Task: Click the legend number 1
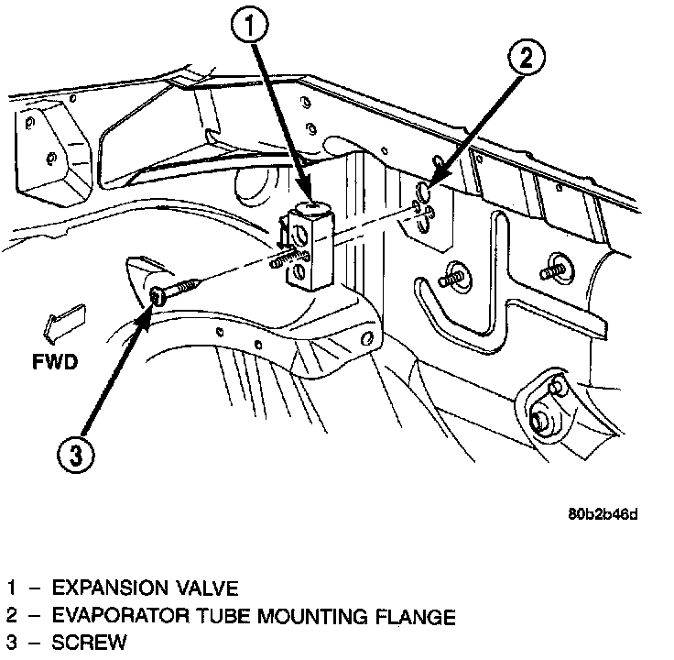point(11,588)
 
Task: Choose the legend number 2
point(11,616)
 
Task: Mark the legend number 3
point(11,643)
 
